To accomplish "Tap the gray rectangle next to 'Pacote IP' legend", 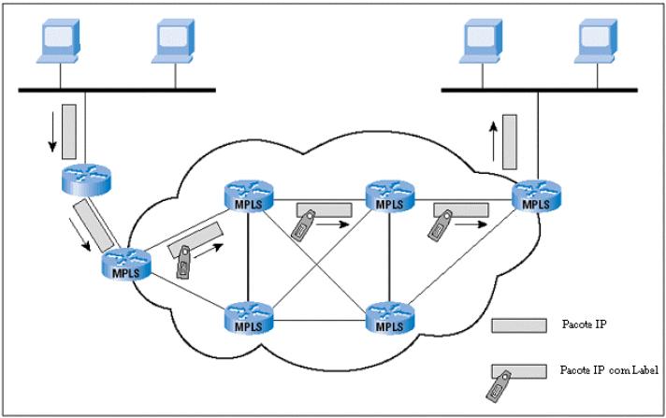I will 519,324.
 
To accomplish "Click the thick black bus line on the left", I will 117,92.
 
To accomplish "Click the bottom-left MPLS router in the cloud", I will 247,320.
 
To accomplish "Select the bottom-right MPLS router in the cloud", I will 387,320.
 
